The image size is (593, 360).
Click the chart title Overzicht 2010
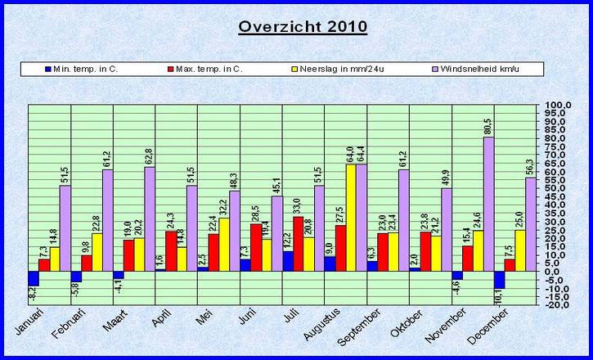[303, 26]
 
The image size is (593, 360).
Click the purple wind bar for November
[488, 204]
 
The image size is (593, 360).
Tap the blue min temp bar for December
[500, 280]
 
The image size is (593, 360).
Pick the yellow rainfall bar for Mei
[224, 244]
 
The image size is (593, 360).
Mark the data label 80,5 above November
[488, 126]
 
